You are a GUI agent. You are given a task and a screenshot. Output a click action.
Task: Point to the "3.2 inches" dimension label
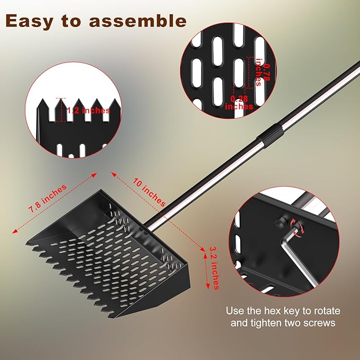click(x=215, y=267)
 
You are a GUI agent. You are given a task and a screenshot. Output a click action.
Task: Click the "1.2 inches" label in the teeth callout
click(x=89, y=110)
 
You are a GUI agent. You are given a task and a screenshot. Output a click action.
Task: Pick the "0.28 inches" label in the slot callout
click(x=240, y=102)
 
